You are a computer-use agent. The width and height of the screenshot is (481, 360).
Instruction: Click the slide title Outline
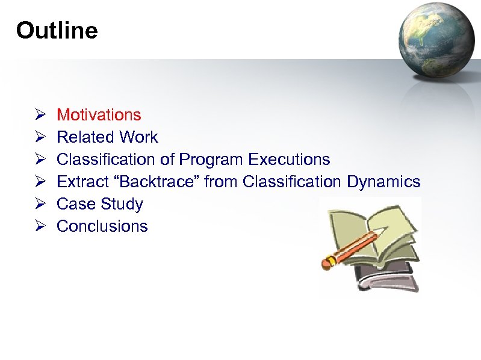click(x=57, y=30)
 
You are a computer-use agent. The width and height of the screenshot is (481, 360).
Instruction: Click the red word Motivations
click(x=99, y=114)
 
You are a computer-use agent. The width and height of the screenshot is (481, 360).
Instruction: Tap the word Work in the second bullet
click(x=138, y=137)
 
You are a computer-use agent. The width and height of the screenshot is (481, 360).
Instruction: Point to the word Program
click(x=211, y=160)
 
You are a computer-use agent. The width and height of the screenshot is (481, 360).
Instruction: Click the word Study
click(x=122, y=204)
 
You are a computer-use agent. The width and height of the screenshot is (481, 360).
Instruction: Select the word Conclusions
click(x=102, y=226)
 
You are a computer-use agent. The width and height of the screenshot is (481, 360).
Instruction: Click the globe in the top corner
click(x=438, y=39)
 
